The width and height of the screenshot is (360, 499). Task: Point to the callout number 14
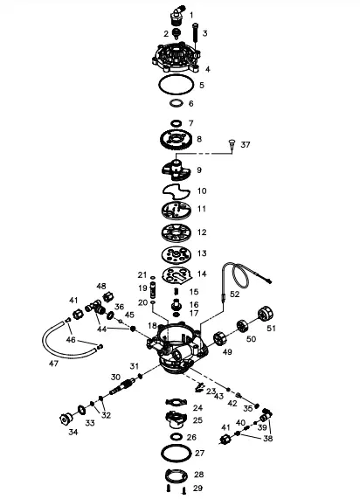202,273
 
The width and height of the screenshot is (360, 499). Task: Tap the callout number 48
101,287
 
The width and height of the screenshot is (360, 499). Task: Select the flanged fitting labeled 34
66,413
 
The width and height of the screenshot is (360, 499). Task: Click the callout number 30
114,377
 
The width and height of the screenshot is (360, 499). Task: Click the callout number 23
211,392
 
